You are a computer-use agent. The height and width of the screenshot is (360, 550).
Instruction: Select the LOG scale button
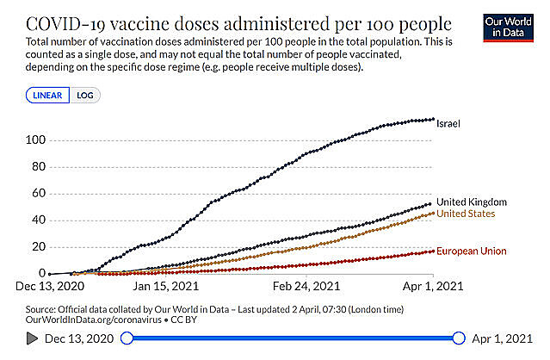(x=84, y=96)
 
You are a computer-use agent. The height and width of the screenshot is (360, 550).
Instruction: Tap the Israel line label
(x=448, y=123)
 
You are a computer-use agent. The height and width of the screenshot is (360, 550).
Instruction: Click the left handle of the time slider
(x=127, y=338)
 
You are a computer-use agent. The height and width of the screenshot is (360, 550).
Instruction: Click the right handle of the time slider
(x=459, y=338)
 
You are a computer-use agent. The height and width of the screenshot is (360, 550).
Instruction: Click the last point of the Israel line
(x=432, y=119)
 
